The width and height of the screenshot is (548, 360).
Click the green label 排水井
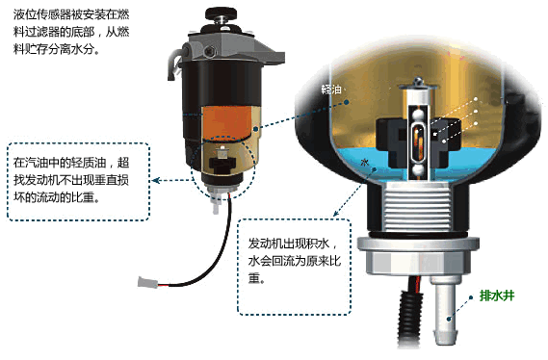coord(497,296)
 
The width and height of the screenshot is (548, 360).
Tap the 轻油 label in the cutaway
coord(331,90)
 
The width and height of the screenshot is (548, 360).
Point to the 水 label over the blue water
coord(364,163)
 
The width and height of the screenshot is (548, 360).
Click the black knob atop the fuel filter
coord(221,14)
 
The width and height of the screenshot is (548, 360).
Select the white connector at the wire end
coord(145,281)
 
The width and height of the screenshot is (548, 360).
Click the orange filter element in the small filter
coord(227,122)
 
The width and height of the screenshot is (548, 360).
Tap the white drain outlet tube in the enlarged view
coord(445,311)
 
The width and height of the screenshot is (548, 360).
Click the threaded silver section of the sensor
coord(418,207)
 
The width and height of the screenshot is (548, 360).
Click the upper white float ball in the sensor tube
coord(418,114)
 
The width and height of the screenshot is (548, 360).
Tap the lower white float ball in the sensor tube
coord(418,171)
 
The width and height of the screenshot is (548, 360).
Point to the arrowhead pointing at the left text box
coord(156,180)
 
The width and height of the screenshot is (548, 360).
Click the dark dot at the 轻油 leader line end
coord(346,102)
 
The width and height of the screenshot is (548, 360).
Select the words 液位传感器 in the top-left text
coord(42,14)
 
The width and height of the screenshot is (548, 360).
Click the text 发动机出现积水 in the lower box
coord(289,244)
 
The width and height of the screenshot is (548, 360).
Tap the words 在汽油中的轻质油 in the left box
coord(60,163)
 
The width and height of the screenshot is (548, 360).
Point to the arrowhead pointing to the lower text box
coord(336,213)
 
